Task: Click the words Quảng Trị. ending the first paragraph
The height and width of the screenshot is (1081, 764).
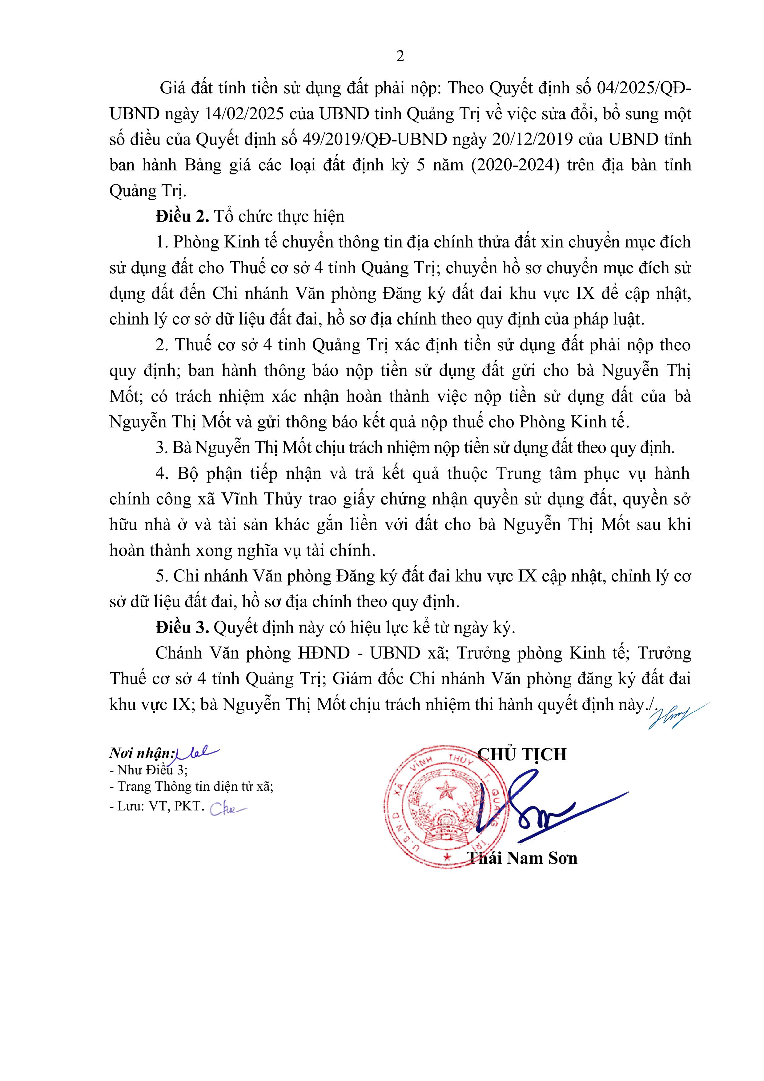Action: (148, 191)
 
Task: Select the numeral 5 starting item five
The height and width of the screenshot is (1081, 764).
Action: (160, 576)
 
